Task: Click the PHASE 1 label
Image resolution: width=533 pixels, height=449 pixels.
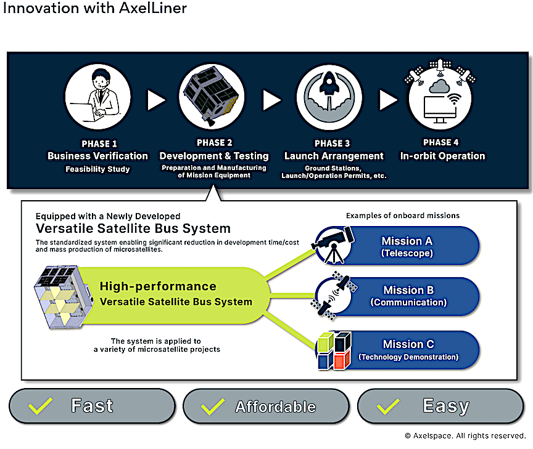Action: point(99,144)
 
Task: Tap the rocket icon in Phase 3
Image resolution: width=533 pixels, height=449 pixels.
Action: point(329,83)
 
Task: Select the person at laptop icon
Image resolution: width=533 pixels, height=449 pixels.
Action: point(98,97)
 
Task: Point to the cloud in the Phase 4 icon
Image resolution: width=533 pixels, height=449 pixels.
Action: point(439,86)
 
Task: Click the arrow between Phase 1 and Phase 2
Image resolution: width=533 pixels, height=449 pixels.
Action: point(156,100)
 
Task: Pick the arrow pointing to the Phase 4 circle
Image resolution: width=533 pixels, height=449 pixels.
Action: point(388,100)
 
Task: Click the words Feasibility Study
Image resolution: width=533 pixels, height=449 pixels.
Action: point(97,169)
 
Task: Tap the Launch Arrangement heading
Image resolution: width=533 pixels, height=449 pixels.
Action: point(334,156)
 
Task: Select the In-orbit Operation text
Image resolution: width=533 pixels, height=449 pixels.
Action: point(442,156)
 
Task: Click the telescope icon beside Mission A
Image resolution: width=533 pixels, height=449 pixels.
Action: point(333,245)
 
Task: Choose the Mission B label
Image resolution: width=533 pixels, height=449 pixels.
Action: point(408,290)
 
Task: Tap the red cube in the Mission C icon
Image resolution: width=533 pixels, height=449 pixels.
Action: point(342,360)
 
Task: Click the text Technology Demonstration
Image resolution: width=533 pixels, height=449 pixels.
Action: point(408,357)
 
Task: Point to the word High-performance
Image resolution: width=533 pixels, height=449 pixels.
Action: point(158,286)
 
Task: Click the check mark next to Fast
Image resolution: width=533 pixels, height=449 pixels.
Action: point(40,405)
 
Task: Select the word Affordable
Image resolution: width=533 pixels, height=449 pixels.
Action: point(275,407)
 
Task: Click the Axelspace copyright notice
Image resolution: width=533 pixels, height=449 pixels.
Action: point(465,436)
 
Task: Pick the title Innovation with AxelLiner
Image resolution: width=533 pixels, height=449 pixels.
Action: point(95,8)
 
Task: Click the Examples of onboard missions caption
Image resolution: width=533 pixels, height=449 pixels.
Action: point(403,216)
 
